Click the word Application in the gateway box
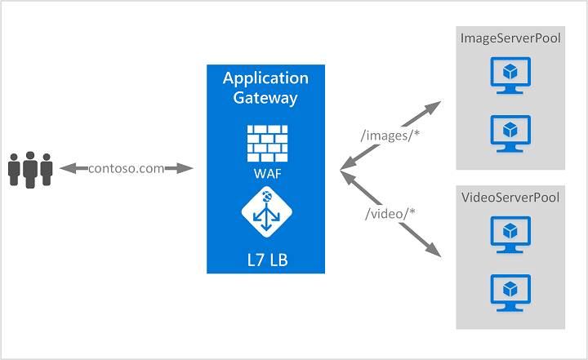point(265,79)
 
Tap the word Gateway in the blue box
point(265,98)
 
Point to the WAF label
point(265,174)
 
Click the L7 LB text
point(265,260)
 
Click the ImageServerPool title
point(510,39)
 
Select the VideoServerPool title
point(510,198)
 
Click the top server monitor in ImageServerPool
point(510,75)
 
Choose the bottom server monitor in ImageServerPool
point(510,132)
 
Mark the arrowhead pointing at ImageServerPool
point(434,107)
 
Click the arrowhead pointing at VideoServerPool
point(434,251)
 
